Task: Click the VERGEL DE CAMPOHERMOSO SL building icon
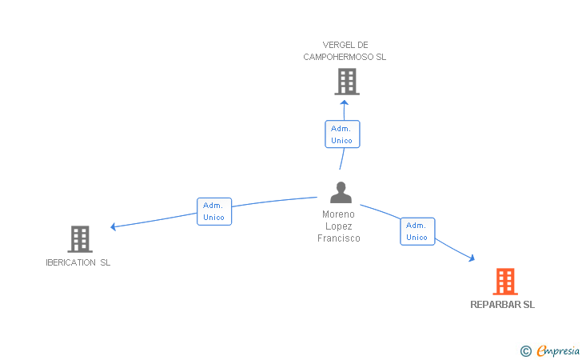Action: coord(346,81)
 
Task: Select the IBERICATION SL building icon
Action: coord(80,238)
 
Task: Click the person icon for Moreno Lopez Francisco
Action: coord(341,193)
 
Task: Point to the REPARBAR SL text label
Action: coord(502,305)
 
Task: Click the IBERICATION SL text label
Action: coord(78,262)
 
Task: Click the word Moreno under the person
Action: coord(338,214)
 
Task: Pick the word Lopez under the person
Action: coord(339,226)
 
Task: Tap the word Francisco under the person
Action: coord(339,238)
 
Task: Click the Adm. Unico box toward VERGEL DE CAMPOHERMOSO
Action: coord(342,134)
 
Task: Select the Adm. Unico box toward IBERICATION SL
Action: coord(214,211)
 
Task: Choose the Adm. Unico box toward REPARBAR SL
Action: coord(417,231)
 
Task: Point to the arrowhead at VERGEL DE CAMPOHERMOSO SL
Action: coord(345,102)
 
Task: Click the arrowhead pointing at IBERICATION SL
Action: coord(114,227)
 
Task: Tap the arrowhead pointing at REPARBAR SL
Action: coord(472,258)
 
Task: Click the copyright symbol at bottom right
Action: coord(525,350)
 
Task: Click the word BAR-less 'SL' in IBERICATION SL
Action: coord(106,262)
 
